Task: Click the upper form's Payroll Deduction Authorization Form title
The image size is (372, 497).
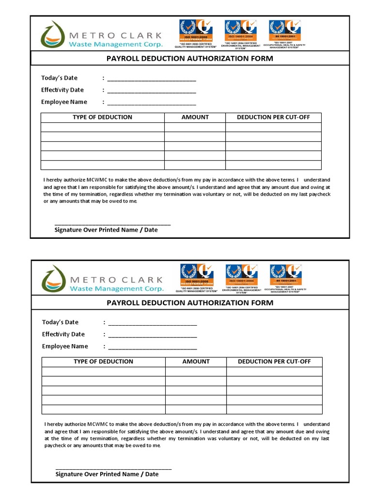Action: coord(189,59)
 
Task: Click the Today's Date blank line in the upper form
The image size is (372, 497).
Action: coord(152,79)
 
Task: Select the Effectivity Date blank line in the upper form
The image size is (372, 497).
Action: coord(152,91)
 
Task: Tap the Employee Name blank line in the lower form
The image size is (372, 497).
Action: coord(153,347)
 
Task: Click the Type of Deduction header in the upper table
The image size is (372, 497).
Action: coord(102,117)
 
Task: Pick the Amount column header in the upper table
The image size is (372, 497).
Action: coord(195,117)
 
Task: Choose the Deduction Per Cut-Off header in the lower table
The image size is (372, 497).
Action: coord(274,362)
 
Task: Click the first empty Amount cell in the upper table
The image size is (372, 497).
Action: coord(195,127)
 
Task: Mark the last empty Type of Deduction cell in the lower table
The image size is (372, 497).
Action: coord(103,409)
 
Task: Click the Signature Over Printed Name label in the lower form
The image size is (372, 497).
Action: coord(107,474)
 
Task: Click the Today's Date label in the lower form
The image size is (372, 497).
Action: coord(60,322)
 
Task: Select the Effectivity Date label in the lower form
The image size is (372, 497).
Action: coord(63,334)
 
